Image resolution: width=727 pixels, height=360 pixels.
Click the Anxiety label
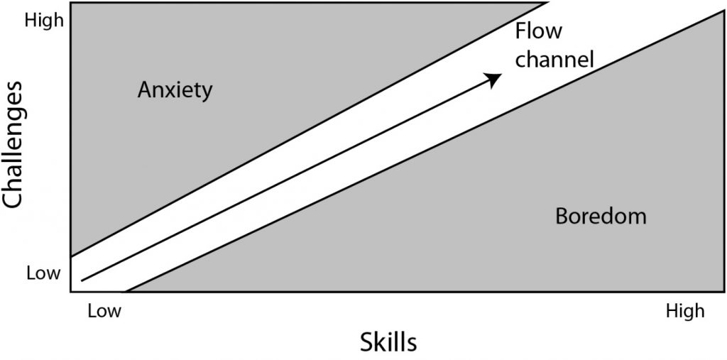[175, 91]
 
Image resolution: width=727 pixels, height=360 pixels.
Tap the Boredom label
[601, 216]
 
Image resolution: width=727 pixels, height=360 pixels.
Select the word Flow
[539, 31]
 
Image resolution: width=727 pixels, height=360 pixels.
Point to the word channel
[554, 60]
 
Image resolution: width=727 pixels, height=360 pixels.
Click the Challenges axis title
[13, 144]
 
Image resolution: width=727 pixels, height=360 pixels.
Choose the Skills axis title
[388, 343]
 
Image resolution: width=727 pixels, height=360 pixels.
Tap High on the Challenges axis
[43, 21]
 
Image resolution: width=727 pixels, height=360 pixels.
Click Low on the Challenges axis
[43, 273]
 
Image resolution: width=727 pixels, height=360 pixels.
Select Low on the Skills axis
[104, 311]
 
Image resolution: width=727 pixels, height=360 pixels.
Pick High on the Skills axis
[685, 311]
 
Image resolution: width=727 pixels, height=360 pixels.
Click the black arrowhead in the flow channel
[493, 80]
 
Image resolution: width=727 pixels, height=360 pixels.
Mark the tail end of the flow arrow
[82, 280]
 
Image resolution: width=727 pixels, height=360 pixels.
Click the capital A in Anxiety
[146, 90]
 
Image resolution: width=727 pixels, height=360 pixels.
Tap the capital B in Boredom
[562, 216]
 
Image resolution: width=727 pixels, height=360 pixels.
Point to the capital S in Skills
[366, 343]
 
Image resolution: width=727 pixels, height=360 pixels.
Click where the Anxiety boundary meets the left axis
[71, 256]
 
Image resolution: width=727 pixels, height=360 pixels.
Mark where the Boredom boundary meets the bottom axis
[126, 292]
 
